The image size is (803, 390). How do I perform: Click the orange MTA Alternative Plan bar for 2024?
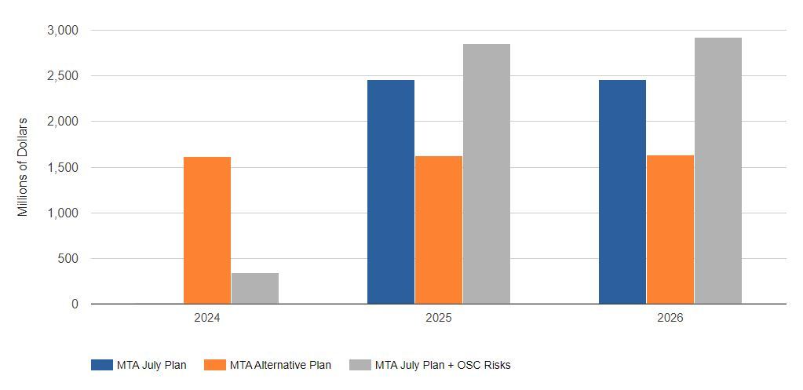[207, 231]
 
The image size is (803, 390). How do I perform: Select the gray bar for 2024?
[254, 288]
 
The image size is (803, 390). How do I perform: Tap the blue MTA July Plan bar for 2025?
[391, 192]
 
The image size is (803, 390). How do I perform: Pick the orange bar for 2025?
[439, 230]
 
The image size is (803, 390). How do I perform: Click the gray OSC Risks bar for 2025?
[486, 174]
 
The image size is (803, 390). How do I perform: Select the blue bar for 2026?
[622, 192]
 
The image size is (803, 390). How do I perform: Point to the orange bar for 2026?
[670, 230]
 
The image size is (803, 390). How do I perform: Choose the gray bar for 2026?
[717, 171]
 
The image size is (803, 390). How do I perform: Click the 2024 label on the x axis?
[207, 319]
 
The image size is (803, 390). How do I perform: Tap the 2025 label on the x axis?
[439, 319]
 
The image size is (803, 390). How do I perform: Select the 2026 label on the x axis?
[670, 319]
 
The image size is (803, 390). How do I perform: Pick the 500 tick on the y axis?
[68, 259]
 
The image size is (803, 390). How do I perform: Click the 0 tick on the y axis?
[75, 304]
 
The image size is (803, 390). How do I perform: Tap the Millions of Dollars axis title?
[23, 167]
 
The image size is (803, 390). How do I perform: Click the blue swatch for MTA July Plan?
[102, 365]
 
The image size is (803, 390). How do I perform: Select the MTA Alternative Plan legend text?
[280, 365]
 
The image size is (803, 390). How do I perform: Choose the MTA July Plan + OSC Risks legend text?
[443, 365]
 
